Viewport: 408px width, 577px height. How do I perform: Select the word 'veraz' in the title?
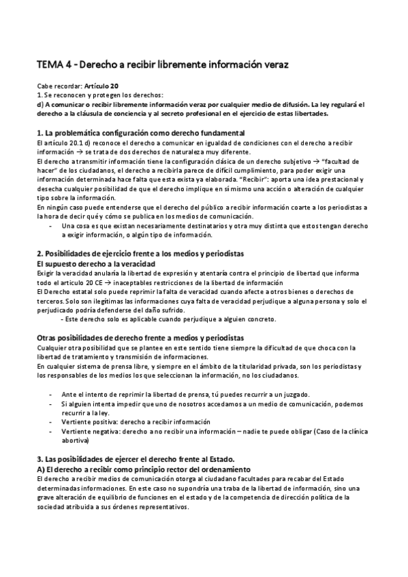(x=275, y=65)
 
